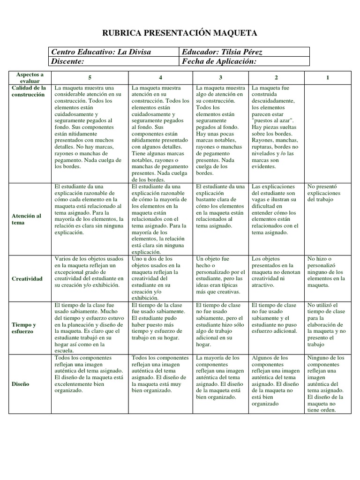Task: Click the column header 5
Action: (90, 77)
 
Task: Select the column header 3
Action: (221, 77)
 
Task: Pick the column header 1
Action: (327, 77)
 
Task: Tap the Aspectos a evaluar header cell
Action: (30, 77)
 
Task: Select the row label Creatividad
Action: (27, 278)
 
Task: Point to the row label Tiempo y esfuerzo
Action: (24, 328)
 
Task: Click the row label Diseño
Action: (21, 384)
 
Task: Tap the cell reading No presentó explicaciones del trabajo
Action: (327, 193)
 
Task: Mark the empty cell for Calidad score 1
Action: (327, 133)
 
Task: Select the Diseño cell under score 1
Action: (327, 384)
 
